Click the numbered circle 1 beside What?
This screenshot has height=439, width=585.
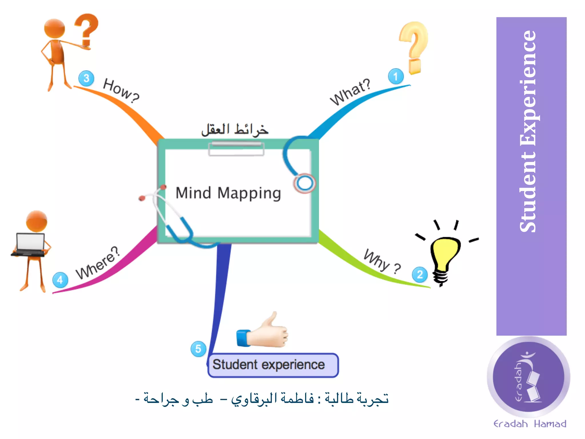click(x=396, y=76)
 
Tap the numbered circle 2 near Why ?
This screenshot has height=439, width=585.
click(x=420, y=275)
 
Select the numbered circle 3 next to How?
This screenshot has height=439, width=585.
click(x=86, y=78)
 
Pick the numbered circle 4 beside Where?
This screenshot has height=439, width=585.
click(x=60, y=280)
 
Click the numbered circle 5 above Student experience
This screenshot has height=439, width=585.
click(x=198, y=349)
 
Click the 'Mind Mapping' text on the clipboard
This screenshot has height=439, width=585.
click(x=228, y=193)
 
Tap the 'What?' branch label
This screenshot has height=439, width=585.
click(x=350, y=92)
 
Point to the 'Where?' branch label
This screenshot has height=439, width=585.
click(x=97, y=263)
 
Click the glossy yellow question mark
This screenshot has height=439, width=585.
click(x=414, y=47)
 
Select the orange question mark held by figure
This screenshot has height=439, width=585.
click(x=86, y=30)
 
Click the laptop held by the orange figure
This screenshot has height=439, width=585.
click(x=30, y=245)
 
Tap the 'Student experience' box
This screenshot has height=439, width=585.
click(x=273, y=365)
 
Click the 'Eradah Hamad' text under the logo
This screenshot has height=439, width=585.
click(x=530, y=424)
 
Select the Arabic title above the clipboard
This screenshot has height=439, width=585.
click(x=235, y=129)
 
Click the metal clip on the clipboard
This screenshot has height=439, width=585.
click(x=236, y=149)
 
